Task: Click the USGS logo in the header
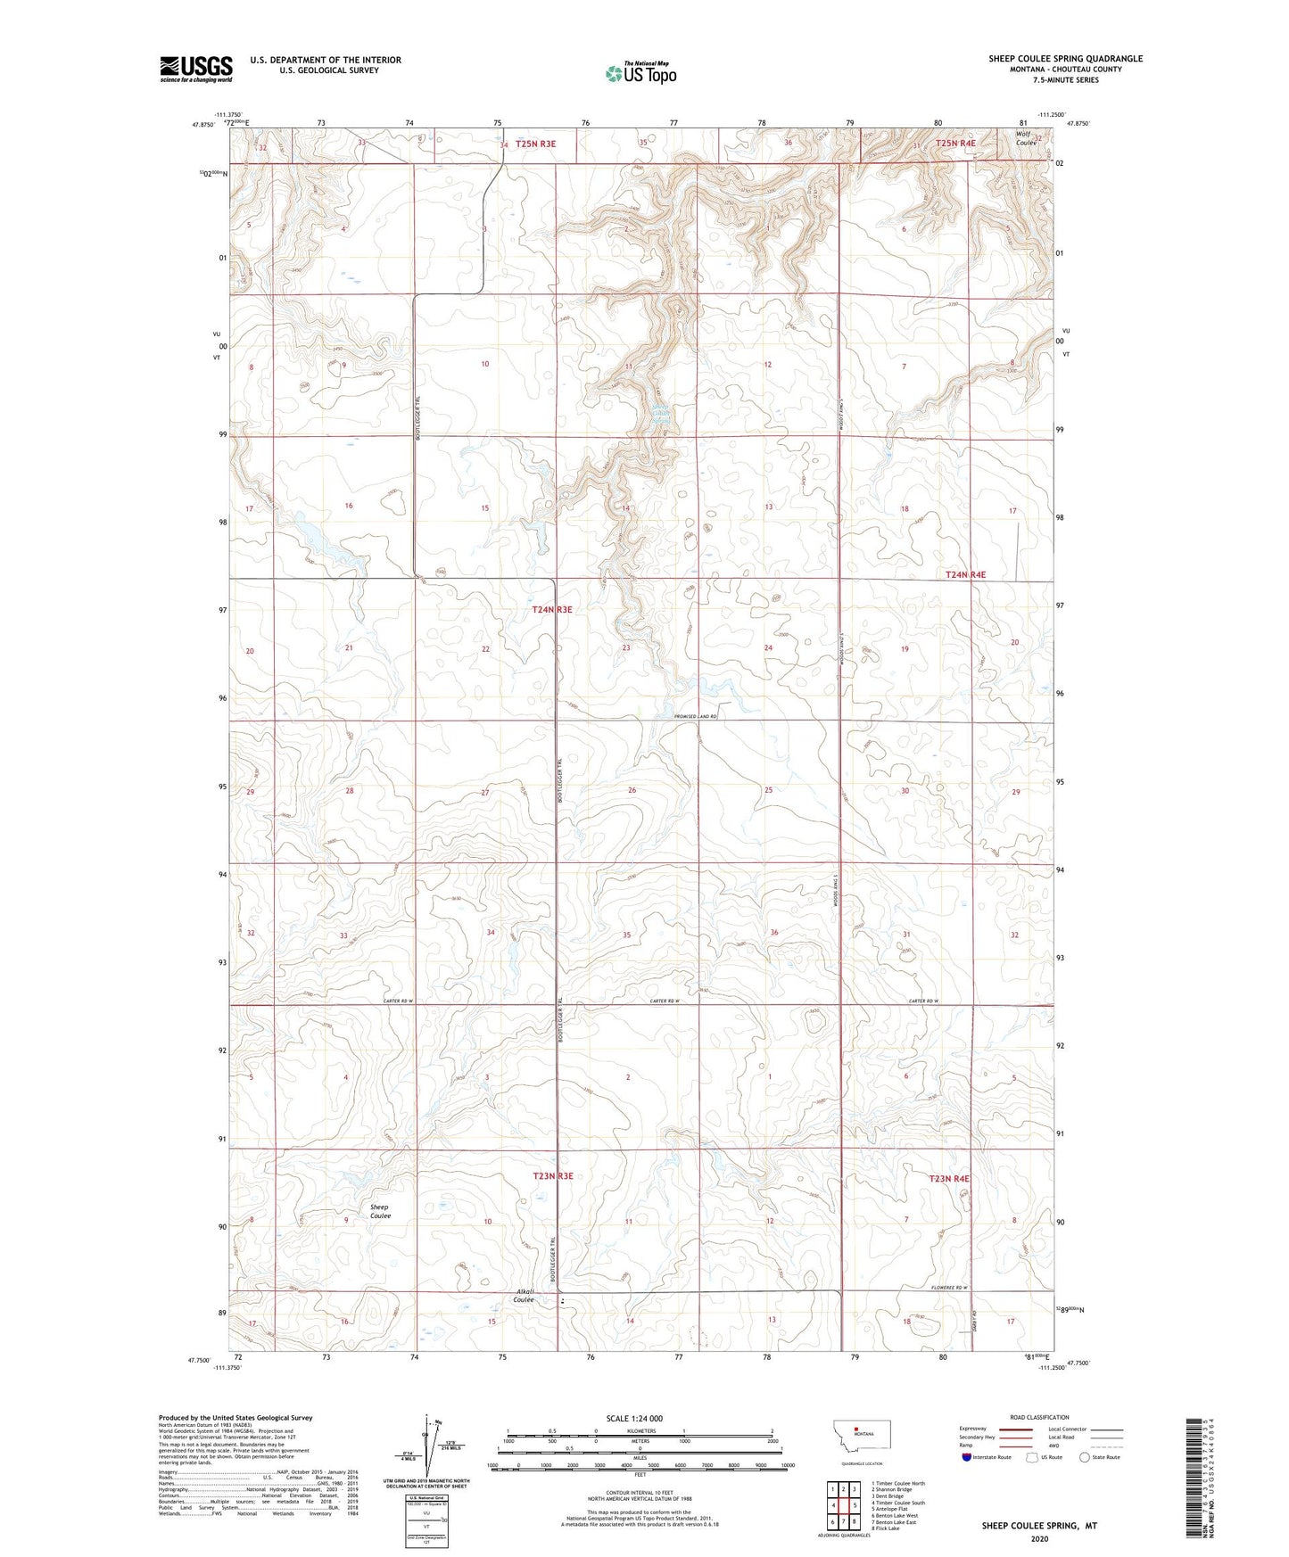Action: pos(196,68)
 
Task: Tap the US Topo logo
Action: pos(640,73)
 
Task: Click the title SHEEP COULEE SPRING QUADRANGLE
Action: pos(1065,59)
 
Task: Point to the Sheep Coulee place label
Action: pos(380,1211)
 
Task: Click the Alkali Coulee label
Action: pos(525,1295)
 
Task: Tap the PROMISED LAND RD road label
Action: pos(696,717)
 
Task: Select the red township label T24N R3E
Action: pos(551,610)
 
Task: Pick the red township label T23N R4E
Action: pos(949,1179)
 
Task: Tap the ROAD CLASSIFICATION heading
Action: pos(1039,1417)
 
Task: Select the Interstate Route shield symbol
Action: pos(968,1457)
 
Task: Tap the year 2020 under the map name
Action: pos(1039,1538)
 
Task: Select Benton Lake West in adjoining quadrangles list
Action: pos(895,1515)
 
